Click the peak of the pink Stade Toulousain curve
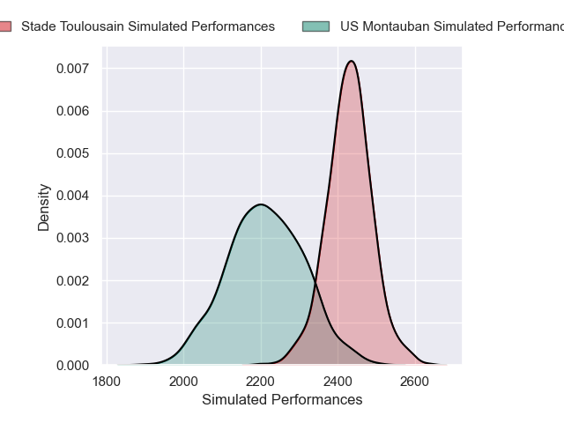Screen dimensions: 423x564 352,61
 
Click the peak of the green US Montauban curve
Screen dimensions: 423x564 261,204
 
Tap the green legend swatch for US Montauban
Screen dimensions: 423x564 315,26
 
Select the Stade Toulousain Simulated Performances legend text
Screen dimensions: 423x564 148,26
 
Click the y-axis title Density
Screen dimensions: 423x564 43,207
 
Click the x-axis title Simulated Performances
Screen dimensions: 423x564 282,400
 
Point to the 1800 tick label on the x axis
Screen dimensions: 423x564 106,382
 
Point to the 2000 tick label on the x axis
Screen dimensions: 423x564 183,382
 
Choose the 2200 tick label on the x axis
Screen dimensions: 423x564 261,382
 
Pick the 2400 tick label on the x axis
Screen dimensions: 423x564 338,382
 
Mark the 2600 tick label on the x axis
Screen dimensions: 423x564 415,382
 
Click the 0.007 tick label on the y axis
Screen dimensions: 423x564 72,69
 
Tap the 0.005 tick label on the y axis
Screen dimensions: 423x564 72,153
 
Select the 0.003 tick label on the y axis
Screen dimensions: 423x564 72,238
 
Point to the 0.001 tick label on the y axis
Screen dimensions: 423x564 72,323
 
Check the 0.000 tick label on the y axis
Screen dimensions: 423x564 72,365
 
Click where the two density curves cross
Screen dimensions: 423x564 315,286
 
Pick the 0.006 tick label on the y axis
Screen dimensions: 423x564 72,111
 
